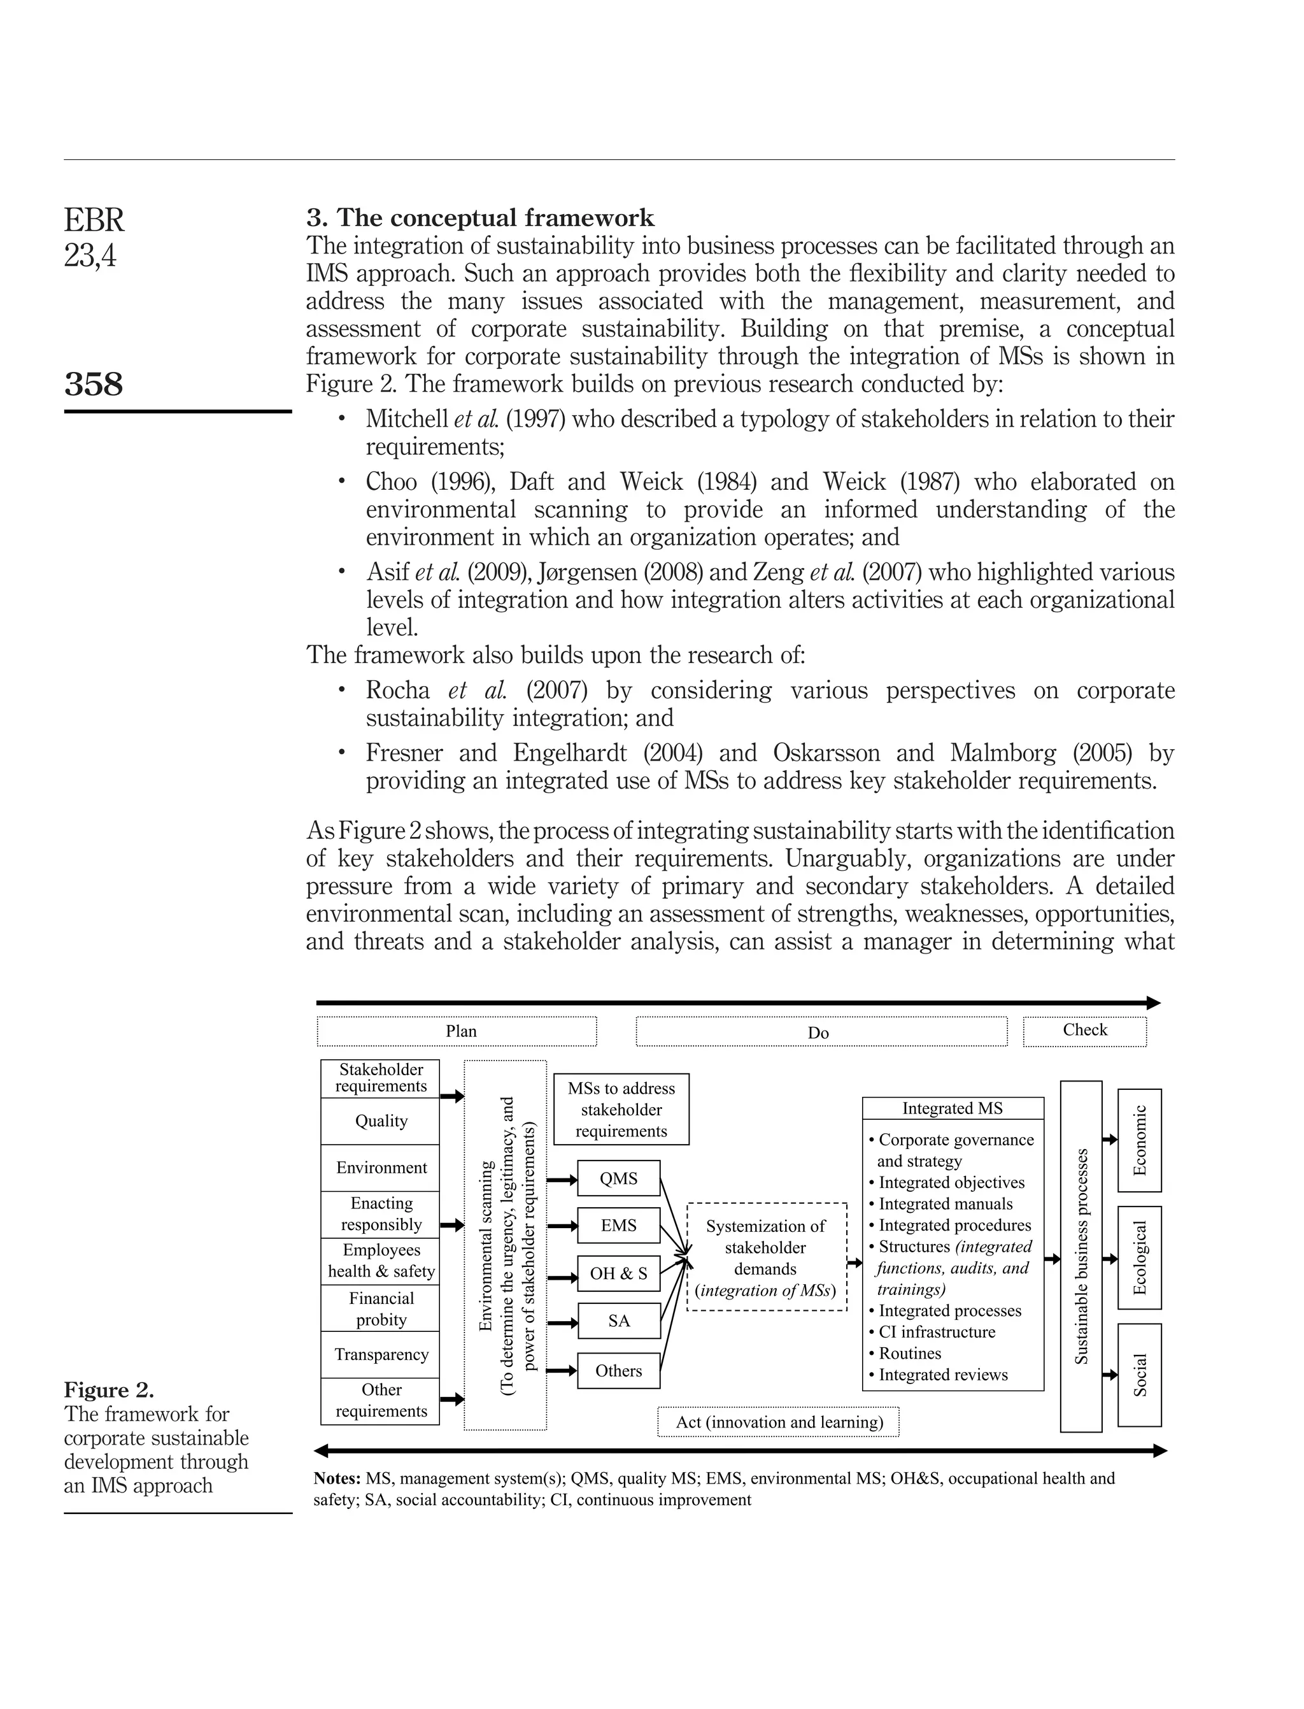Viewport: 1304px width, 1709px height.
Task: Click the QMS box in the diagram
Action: pyautogui.click(x=619, y=1178)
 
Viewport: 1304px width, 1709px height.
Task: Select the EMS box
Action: pyautogui.click(x=619, y=1226)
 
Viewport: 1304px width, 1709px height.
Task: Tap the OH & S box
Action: pyautogui.click(x=619, y=1273)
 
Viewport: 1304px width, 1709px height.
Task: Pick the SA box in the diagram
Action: pyautogui.click(x=619, y=1321)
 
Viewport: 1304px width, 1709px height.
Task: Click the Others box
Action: pyautogui.click(x=619, y=1371)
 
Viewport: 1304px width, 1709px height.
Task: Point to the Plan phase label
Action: pyautogui.click(x=461, y=1031)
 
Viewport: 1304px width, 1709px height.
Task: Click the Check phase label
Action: pyautogui.click(x=1084, y=1031)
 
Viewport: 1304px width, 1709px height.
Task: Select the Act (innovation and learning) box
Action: pyautogui.click(x=779, y=1422)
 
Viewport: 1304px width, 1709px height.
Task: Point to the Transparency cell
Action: pyautogui.click(x=381, y=1354)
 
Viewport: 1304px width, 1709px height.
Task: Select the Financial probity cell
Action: pyautogui.click(x=381, y=1308)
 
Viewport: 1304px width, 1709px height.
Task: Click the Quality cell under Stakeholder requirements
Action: pyautogui.click(x=381, y=1120)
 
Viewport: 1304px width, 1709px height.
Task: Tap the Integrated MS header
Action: pyautogui.click(x=953, y=1108)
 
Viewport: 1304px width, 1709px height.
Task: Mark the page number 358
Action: pyautogui.click(x=93, y=384)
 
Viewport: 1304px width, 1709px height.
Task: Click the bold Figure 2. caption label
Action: pyautogui.click(x=109, y=1389)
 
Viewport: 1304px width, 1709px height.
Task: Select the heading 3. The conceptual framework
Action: pyautogui.click(x=481, y=217)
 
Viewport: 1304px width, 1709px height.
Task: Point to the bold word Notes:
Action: pyautogui.click(x=337, y=1478)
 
